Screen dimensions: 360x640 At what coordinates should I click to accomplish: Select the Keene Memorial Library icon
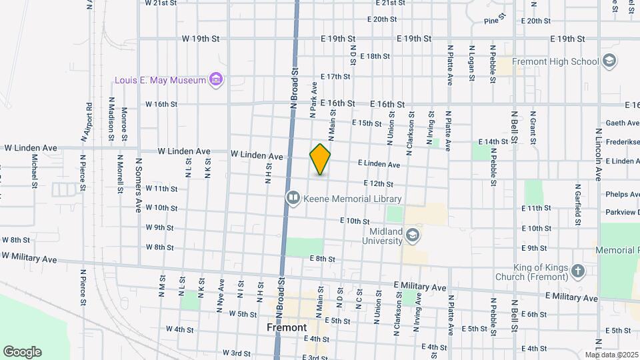pos(292,198)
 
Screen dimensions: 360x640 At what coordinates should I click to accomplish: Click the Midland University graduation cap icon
pos(413,235)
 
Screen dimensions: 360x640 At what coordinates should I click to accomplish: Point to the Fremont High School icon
pos(608,61)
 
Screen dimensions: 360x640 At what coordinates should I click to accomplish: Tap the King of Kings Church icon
pos(577,271)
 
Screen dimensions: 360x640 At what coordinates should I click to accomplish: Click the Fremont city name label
pos(287,327)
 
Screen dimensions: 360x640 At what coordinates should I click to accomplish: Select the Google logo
pos(22,352)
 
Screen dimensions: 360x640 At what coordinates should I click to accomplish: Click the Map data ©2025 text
pos(612,355)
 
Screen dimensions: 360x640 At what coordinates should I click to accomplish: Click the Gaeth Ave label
pos(622,123)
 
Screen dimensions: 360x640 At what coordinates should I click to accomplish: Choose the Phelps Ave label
pos(622,195)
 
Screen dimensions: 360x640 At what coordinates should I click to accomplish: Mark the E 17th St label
pos(335,77)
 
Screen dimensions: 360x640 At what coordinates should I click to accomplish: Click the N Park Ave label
pos(313,100)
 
